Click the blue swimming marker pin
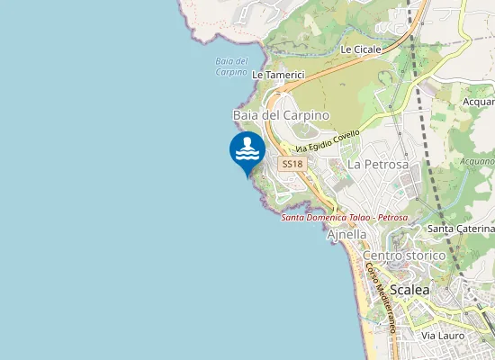tap(247, 151)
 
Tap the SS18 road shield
tap(292, 164)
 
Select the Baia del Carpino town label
tap(281, 116)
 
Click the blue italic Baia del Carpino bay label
tap(231, 67)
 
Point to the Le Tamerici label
tap(278, 75)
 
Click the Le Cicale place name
tap(361, 49)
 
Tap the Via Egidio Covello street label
tap(328, 143)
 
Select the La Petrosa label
tap(378, 165)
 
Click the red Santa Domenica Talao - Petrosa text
tap(345, 218)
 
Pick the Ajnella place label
tap(347, 234)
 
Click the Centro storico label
tap(404, 256)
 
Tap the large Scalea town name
tap(409, 290)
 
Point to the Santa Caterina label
tap(461, 229)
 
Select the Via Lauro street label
tap(442, 335)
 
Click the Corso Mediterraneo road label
tap(381, 298)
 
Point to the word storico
tap(426, 256)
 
